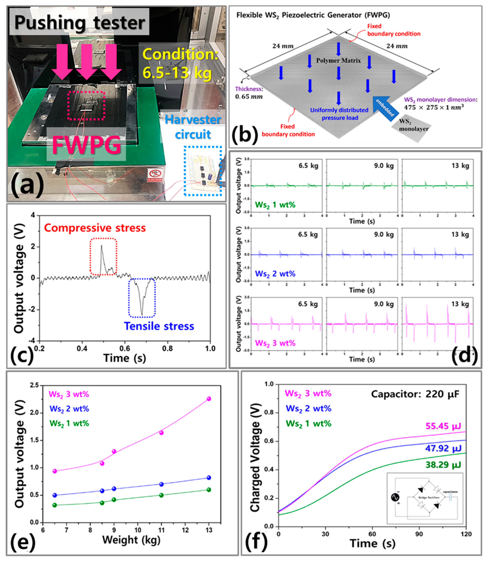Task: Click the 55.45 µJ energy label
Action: [x=443, y=426]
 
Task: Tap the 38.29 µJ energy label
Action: [x=443, y=465]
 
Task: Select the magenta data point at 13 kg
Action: [x=209, y=399]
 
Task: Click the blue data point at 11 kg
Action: [x=161, y=484]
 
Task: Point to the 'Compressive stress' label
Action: [x=95, y=228]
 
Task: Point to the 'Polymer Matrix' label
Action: [x=339, y=61]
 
